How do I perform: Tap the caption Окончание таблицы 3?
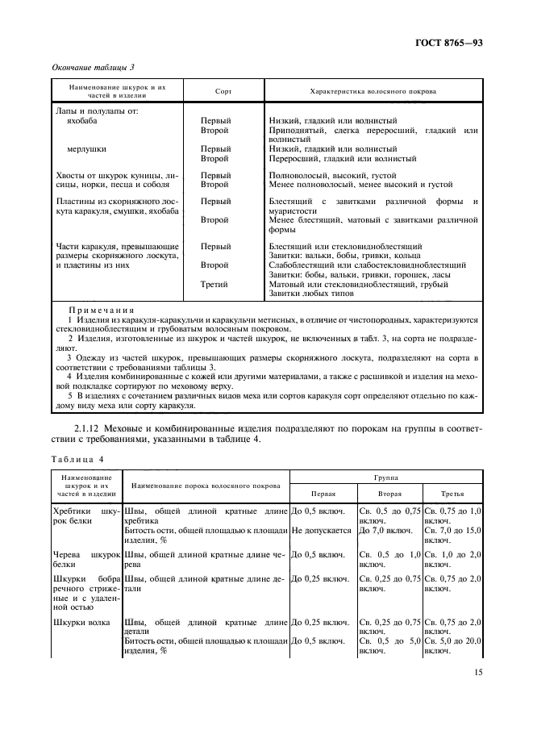click(x=93, y=68)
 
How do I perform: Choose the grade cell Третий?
click(x=214, y=284)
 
